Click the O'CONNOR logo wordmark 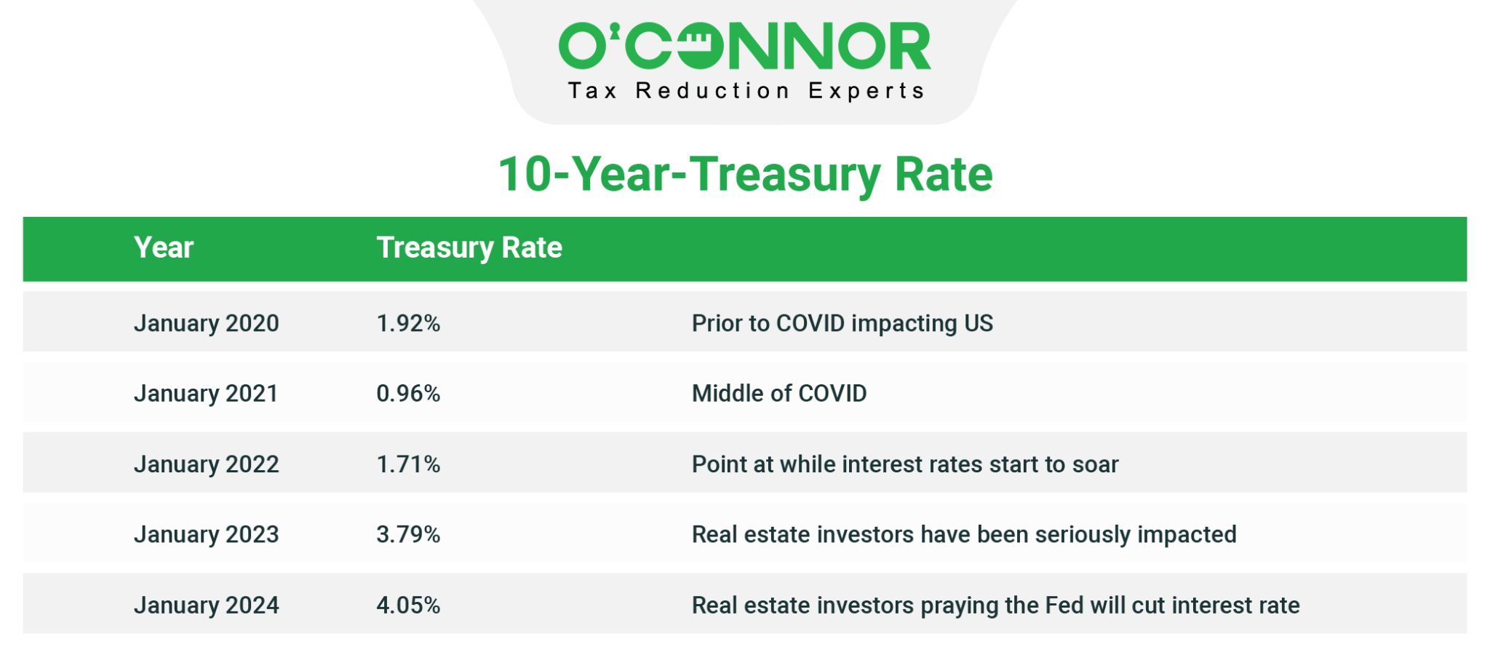pos(744,45)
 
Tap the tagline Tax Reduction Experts pos(746,91)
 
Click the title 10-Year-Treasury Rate pos(745,175)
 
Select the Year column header pos(164,248)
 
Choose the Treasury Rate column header pos(469,248)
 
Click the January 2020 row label pos(206,323)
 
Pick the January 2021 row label pos(206,394)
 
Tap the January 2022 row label pos(206,464)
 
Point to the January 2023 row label pos(206,535)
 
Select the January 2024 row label pos(206,606)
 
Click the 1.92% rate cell pos(408,323)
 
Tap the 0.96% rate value pos(408,394)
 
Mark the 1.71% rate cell pos(408,464)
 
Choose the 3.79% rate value pos(408,535)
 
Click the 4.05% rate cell pos(408,606)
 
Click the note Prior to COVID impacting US pos(842,323)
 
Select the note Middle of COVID pos(778,394)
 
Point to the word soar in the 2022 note pos(1095,464)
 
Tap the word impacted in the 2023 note pos(1187,535)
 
